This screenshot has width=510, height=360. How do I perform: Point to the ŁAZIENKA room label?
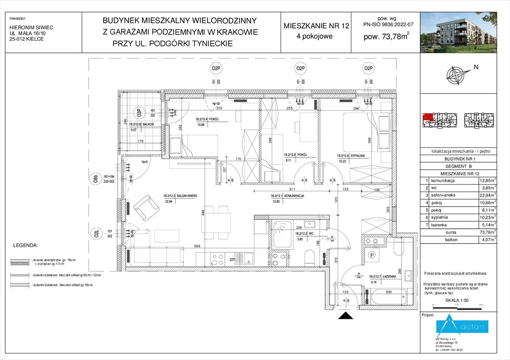[381, 277]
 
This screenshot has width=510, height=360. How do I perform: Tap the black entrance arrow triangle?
[346, 317]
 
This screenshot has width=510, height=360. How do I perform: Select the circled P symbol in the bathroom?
[372, 255]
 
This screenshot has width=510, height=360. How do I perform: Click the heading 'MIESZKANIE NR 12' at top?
[317, 26]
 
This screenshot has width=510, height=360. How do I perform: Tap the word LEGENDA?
[25, 245]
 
